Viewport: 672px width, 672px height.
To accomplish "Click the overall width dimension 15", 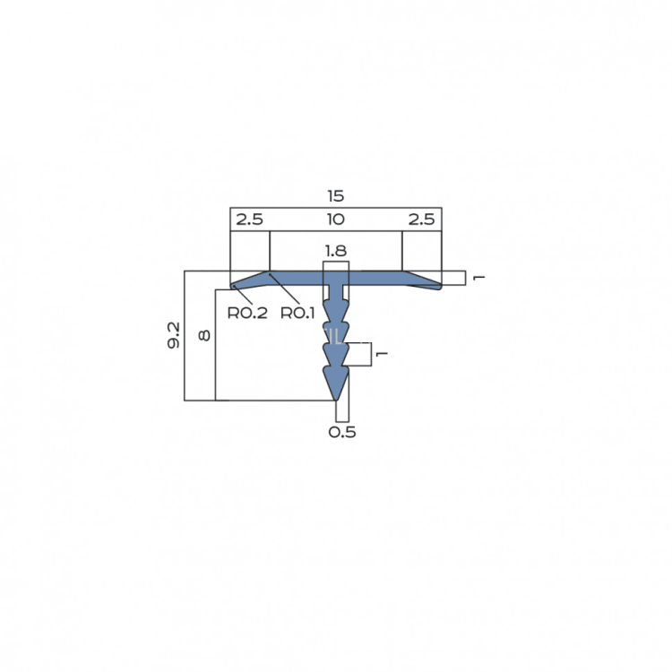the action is pyautogui.click(x=336, y=196).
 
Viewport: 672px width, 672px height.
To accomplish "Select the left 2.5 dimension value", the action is pyautogui.click(x=249, y=220).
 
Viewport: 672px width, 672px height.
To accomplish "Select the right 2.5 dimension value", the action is pyautogui.click(x=421, y=220).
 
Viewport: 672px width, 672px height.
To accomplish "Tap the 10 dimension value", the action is pyautogui.click(x=336, y=220).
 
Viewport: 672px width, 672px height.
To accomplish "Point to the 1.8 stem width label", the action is pyautogui.click(x=336, y=251).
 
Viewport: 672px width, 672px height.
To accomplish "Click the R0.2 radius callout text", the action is pyautogui.click(x=247, y=314).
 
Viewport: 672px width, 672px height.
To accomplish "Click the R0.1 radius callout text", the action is pyautogui.click(x=297, y=314).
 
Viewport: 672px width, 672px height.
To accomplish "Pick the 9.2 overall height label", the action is pyautogui.click(x=174, y=335).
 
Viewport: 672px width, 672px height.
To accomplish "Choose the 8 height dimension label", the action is pyautogui.click(x=205, y=335).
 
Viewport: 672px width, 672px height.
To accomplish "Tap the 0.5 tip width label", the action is pyautogui.click(x=342, y=432).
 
